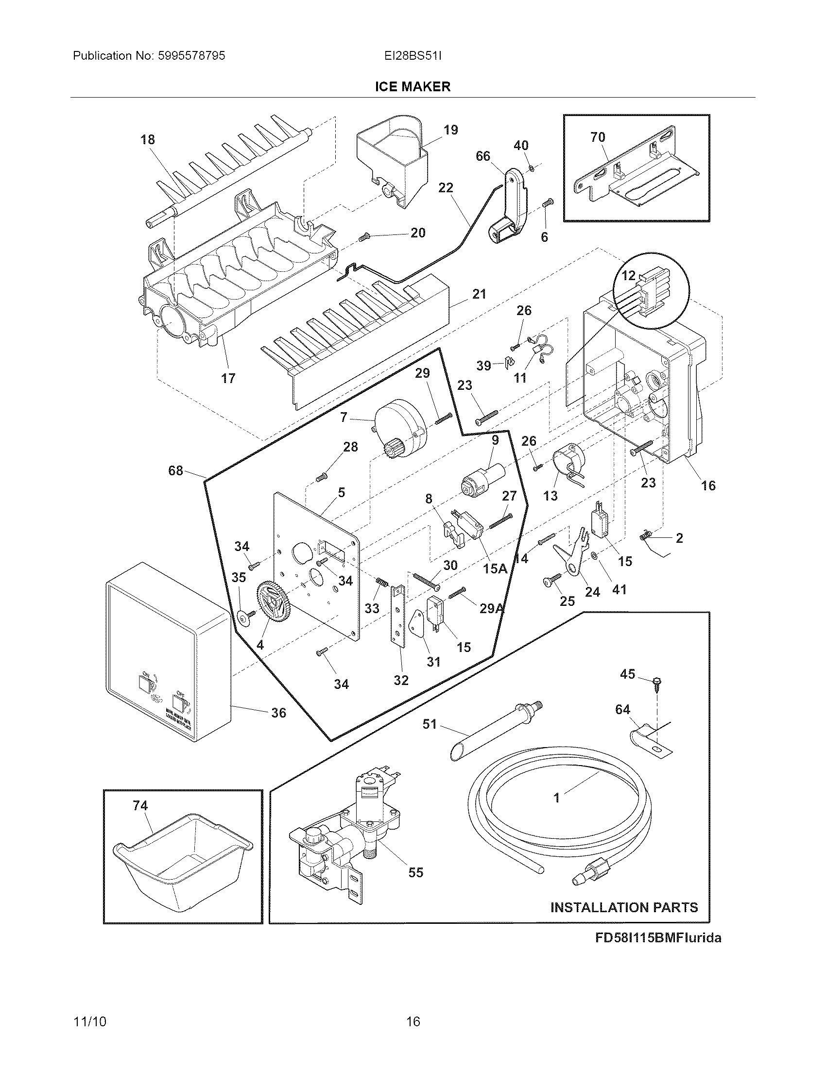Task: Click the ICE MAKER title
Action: (x=412, y=86)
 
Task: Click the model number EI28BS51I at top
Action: (x=413, y=56)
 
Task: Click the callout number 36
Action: (x=278, y=713)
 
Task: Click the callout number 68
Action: (x=175, y=470)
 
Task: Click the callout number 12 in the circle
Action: (x=628, y=275)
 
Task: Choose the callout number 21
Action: (x=479, y=294)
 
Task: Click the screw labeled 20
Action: (x=363, y=237)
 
